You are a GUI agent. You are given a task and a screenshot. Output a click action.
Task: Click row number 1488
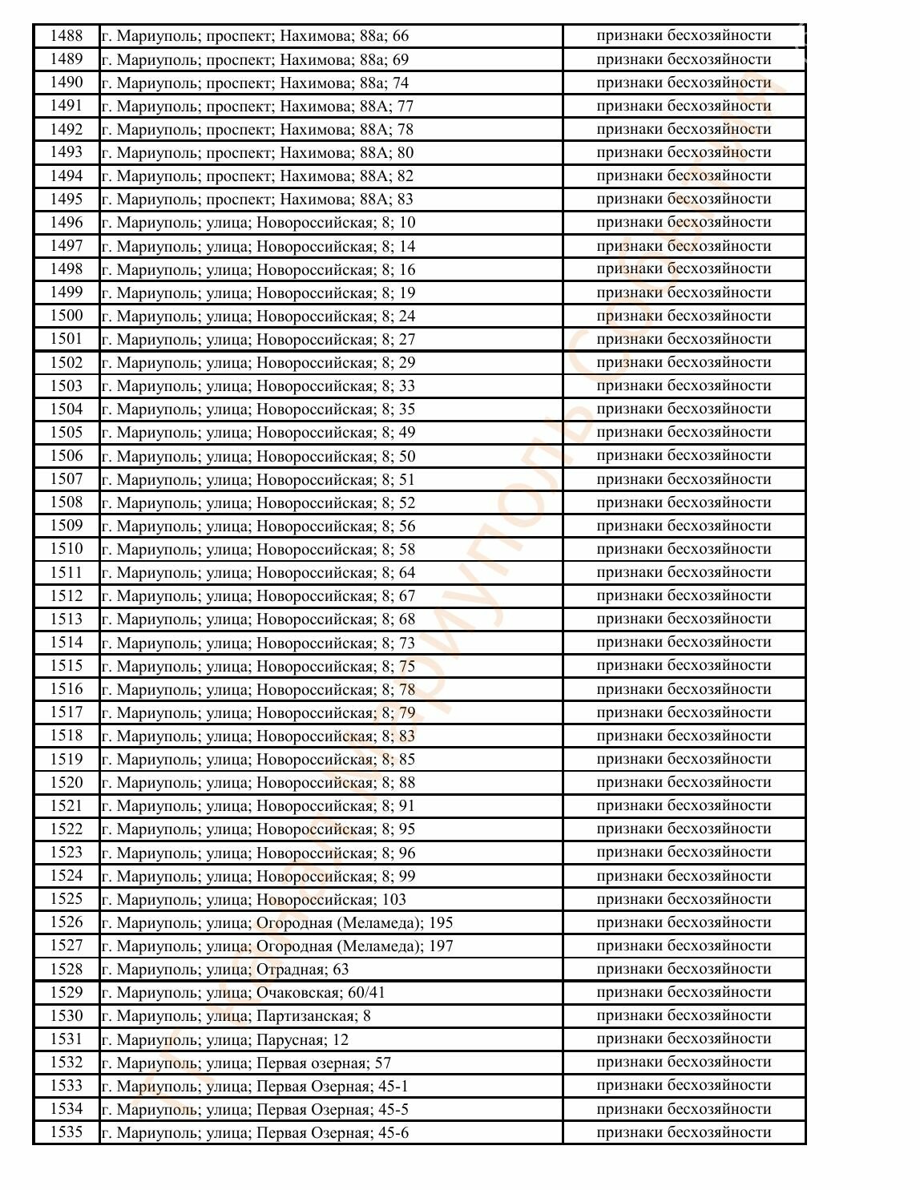[67, 36]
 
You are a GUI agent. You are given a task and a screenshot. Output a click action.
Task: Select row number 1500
[67, 316]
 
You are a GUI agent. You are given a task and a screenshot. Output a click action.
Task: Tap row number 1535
[67, 1132]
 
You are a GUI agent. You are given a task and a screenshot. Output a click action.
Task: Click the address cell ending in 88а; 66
[255, 36]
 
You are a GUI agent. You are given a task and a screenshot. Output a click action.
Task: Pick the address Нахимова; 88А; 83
[257, 200]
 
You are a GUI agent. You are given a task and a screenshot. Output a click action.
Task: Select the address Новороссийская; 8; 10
[258, 223]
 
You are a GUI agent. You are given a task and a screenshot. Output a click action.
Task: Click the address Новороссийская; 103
[254, 899]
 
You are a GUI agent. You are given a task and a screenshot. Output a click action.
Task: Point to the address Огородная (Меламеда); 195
[277, 922]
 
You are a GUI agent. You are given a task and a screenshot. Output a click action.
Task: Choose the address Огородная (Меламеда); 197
[277, 946]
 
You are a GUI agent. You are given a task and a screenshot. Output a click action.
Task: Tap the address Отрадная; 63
[225, 970]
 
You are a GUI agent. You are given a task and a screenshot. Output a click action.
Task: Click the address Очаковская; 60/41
[244, 993]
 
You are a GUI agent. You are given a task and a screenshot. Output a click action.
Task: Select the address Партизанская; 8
[236, 1016]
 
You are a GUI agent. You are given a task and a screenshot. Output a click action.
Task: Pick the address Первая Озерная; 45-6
[255, 1132]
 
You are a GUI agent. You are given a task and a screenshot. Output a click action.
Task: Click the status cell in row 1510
[684, 549]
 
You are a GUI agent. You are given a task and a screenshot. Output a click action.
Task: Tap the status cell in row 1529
[684, 992]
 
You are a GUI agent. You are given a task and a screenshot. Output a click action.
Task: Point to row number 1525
[67, 899]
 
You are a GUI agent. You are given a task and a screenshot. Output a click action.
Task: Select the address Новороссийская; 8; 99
[258, 876]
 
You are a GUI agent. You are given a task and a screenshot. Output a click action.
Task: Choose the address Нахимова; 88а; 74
[255, 83]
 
